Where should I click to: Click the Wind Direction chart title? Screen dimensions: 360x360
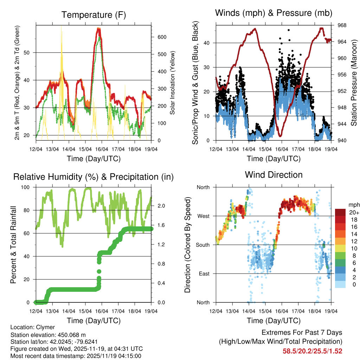(x=274, y=174)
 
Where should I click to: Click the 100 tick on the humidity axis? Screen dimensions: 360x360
(x=28, y=187)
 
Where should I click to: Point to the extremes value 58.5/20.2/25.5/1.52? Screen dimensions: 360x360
(x=312, y=351)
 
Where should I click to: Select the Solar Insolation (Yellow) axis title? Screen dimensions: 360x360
(x=173, y=83)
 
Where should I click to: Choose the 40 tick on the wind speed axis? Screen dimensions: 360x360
(x=209, y=43)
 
